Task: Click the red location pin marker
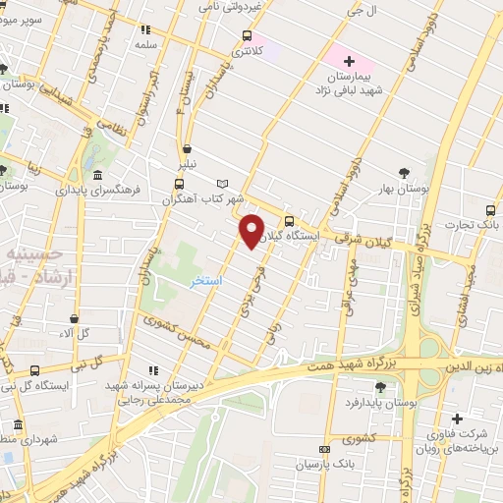tap(252, 230)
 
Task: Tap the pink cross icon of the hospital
tap(349, 61)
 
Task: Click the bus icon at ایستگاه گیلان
tap(289, 221)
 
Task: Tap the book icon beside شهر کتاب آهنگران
tap(222, 184)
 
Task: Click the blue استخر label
tap(206, 281)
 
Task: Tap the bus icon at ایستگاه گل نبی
tap(35, 370)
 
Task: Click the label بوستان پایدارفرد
tap(382, 403)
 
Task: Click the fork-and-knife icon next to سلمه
tap(146, 29)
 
